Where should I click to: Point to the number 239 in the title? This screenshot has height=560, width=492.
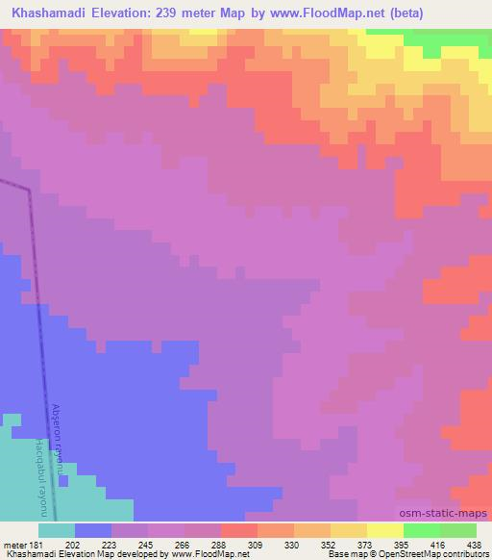click(162, 13)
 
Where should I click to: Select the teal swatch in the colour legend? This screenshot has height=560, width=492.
click(57, 530)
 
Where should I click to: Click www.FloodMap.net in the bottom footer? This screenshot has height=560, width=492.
click(206, 555)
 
